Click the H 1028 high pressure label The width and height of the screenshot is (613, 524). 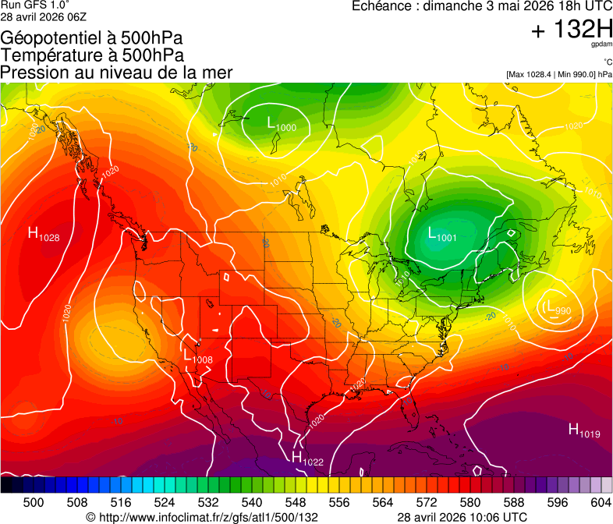44,233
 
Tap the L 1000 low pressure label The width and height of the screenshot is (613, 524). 281,125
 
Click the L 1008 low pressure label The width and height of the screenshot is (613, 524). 198,357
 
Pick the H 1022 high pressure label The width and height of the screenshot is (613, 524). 306,458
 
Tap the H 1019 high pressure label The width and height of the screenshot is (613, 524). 583,430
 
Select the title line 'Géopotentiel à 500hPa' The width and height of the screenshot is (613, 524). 93,37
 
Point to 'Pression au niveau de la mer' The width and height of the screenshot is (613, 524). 116,73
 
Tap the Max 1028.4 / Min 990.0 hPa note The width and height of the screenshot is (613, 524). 558,74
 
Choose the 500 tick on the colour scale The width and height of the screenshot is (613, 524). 34,503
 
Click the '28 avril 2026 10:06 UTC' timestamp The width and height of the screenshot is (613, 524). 462,517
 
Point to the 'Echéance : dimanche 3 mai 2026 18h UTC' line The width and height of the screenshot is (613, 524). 482,6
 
